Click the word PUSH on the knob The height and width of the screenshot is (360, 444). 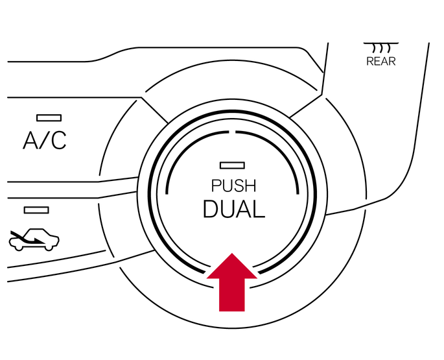[x=233, y=186]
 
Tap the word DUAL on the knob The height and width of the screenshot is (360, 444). [x=233, y=209]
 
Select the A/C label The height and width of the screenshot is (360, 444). [x=45, y=141]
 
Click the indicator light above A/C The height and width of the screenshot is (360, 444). [x=49, y=117]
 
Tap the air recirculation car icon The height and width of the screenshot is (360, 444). [x=34, y=240]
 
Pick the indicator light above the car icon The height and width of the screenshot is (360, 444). [x=36, y=210]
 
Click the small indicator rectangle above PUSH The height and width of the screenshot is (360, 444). [x=231, y=165]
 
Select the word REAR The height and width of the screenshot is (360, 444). [x=381, y=62]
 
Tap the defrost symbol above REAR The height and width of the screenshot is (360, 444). [x=381, y=47]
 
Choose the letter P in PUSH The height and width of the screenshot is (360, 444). [x=216, y=186]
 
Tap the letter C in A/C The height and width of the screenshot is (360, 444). [x=58, y=141]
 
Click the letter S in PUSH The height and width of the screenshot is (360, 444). [x=239, y=186]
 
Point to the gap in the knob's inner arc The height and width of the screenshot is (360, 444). [x=232, y=132]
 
